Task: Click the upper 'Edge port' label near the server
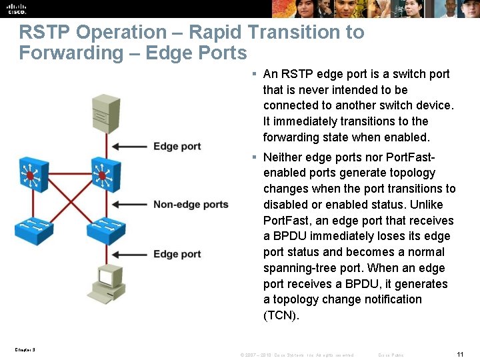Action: (177, 147)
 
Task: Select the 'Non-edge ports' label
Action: (191, 205)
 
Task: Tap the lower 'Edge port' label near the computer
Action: (177, 254)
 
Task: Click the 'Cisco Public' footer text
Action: (391, 355)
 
